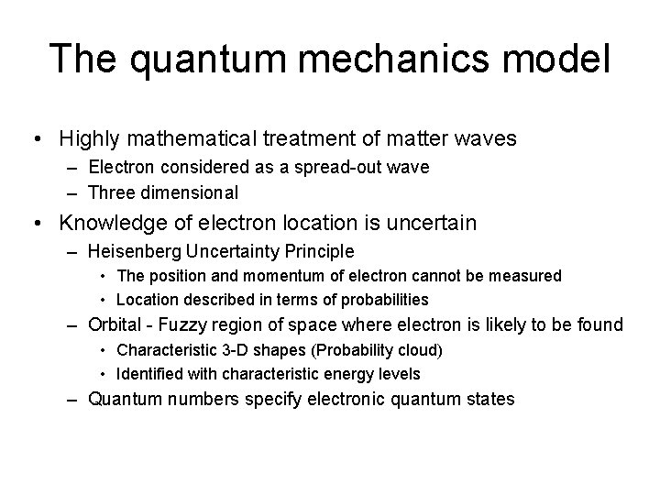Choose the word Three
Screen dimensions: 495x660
[110, 192]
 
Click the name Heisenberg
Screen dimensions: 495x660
[131, 250]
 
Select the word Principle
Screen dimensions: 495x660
[321, 250]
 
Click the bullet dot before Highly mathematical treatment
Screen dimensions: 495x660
[35, 140]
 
